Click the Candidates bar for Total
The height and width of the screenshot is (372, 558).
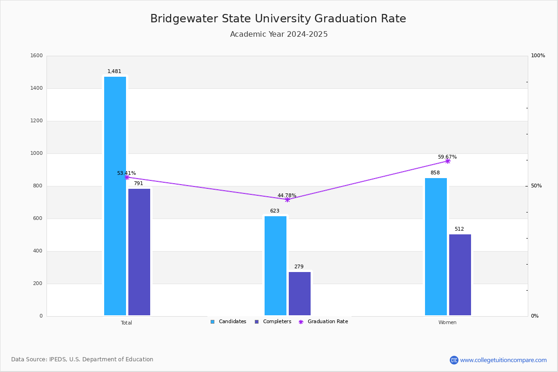[x=115, y=196]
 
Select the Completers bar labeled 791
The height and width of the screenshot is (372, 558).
[x=139, y=252]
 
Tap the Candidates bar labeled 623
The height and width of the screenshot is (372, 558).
[x=275, y=266]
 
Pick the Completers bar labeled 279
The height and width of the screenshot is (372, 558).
[x=299, y=293]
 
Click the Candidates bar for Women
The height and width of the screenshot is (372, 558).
[x=436, y=246]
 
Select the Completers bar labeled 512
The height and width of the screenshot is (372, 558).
[x=460, y=274]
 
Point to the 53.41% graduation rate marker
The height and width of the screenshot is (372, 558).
[x=127, y=177]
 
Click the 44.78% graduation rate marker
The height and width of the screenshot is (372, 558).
[x=287, y=199]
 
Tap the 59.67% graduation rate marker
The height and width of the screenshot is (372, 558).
[x=448, y=161]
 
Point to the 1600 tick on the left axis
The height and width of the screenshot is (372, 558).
[x=36, y=56]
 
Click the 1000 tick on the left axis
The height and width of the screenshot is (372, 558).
[x=36, y=153]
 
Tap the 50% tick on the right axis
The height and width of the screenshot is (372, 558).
[x=536, y=186]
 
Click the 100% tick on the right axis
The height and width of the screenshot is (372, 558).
[x=538, y=56]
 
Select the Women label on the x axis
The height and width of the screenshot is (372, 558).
[x=447, y=323]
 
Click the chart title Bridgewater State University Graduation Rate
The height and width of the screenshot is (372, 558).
[x=278, y=19]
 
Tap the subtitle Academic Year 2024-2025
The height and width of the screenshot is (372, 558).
[x=279, y=34]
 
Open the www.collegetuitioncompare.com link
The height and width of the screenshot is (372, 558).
[x=503, y=360]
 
